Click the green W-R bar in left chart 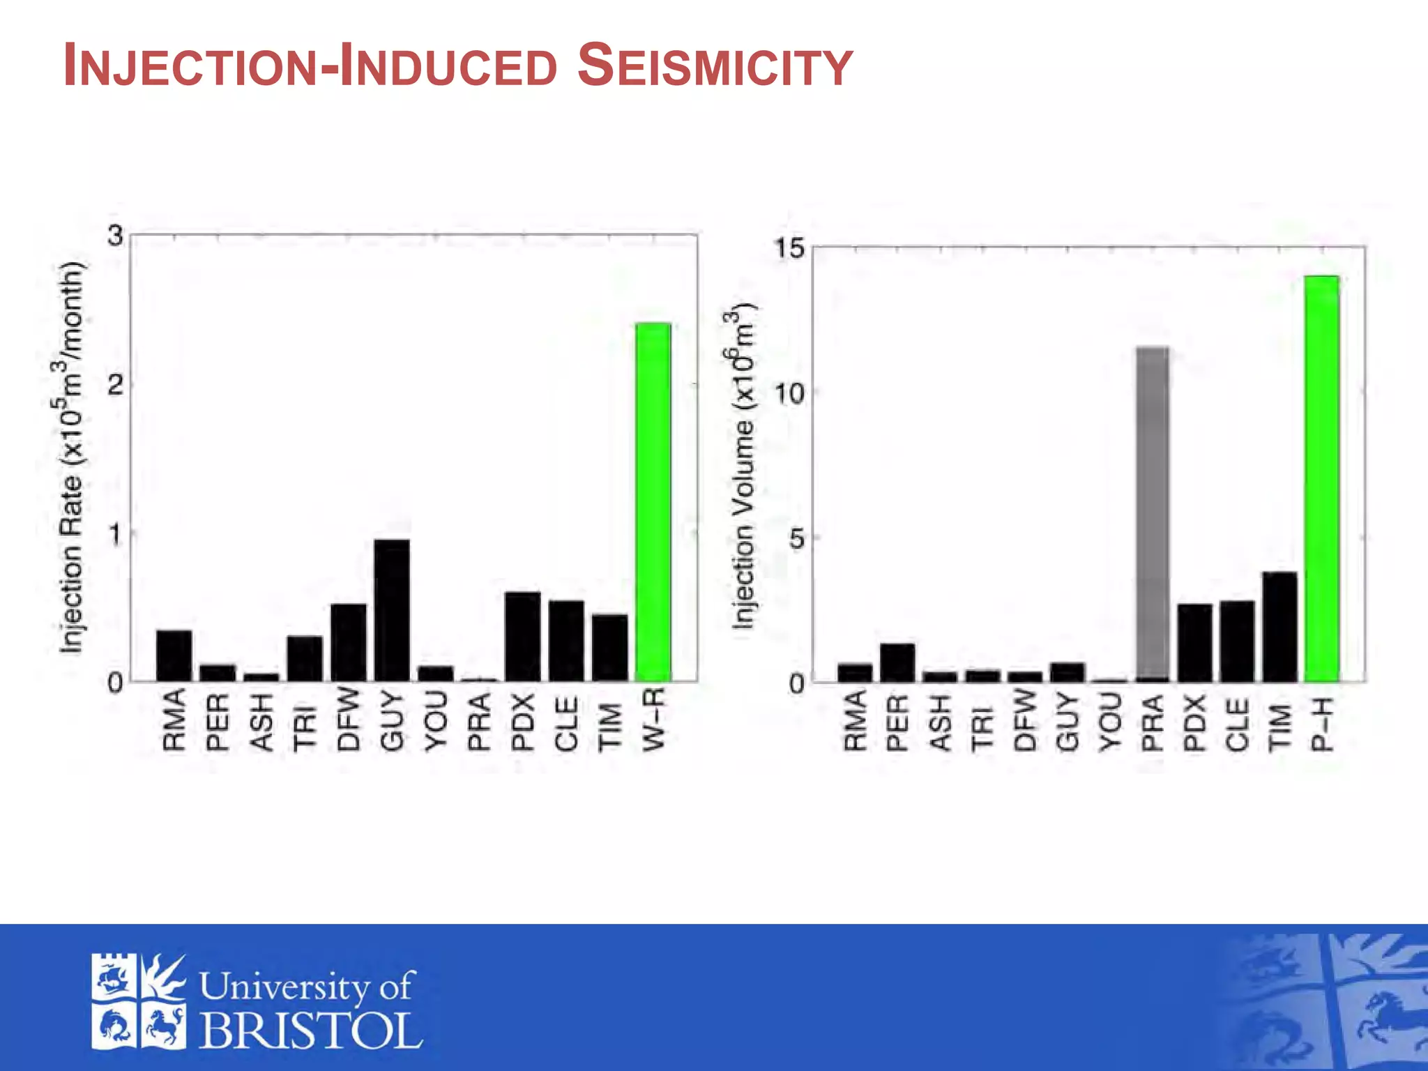pos(653,502)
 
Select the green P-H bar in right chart pos(1321,479)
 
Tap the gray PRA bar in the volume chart pos(1153,512)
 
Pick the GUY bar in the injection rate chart pos(392,610)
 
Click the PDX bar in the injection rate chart pos(522,636)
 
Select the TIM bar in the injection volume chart pos(1279,626)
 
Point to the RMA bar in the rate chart pos(174,655)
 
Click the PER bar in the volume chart pos(897,662)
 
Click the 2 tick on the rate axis pos(116,384)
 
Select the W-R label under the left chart pos(653,720)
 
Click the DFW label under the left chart pos(348,720)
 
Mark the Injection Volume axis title pos(743,466)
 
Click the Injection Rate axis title pos(72,458)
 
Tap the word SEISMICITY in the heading pos(715,66)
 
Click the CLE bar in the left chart pos(566,640)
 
